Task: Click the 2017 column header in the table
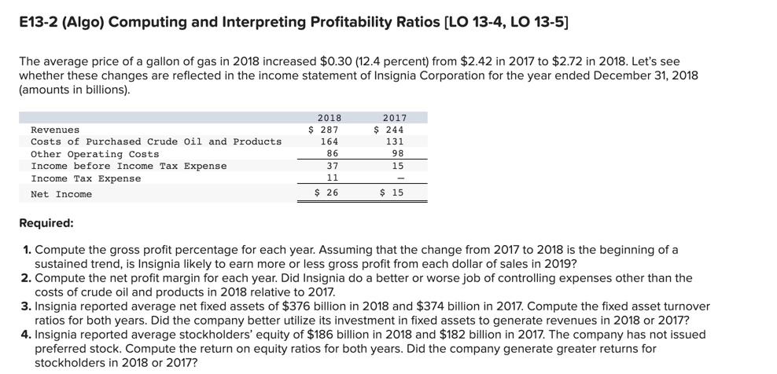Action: coord(392,118)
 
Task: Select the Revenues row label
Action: coord(55,130)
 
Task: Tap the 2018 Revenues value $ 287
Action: coord(322,130)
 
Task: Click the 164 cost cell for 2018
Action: coord(329,141)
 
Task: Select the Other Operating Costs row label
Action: coord(94,154)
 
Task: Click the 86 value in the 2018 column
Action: coord(332,154)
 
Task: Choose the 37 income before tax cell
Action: coord(332,166)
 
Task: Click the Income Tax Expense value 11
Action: coord(332,178)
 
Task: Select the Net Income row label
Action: coord(61,194)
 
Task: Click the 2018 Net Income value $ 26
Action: coord(324,193)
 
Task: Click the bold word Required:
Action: coord(46,223)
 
